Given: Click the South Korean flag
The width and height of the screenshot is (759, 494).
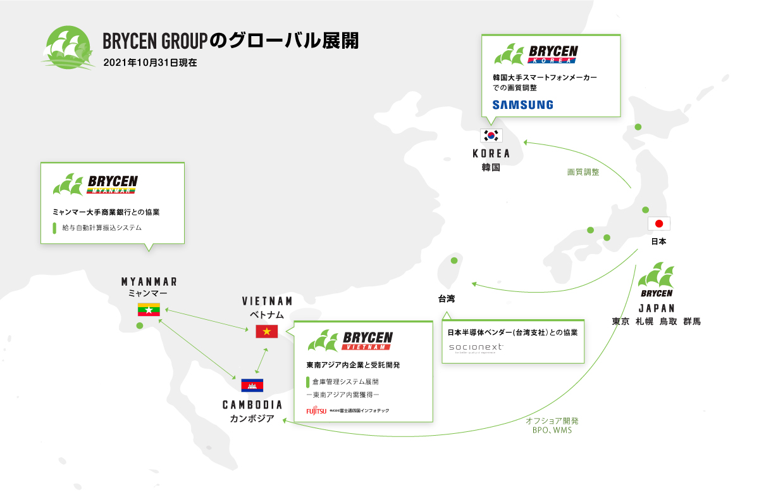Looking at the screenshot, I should (491, 136).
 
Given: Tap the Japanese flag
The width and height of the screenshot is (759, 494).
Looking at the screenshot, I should (658, 224).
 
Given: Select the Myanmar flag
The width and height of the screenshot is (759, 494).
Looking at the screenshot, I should (149, 310).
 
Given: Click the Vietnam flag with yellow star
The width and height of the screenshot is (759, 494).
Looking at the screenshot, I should (266, 331).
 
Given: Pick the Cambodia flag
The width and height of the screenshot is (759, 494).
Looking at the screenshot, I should (252, 385).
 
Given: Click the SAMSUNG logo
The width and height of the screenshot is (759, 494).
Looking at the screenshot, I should (522, 104).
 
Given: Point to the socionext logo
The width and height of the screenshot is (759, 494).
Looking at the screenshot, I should (476, 347).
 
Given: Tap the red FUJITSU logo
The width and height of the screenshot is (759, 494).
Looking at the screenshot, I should (316, 410).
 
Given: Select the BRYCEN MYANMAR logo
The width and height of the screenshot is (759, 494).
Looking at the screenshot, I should (96, 184).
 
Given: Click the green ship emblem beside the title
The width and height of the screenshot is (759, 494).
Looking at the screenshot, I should (66, 47).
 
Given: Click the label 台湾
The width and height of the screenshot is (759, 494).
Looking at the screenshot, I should (447, 298).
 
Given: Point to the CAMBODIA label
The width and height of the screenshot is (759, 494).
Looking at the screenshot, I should (252, 405).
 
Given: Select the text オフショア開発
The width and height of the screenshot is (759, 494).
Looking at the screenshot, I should (552, 421).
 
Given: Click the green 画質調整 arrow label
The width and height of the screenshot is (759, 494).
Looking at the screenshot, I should (583, 172).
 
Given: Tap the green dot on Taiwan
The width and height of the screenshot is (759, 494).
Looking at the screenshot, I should (453, 260).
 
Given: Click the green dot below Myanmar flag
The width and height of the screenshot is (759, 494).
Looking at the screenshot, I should (140, 326).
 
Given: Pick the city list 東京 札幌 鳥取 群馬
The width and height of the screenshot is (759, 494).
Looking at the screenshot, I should (656, 322).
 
